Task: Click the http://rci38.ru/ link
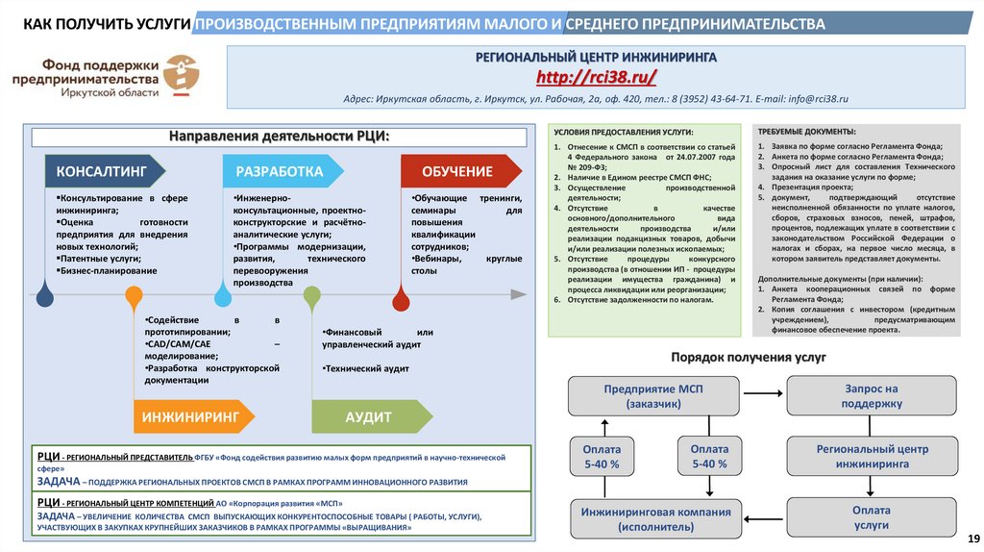(596, 76)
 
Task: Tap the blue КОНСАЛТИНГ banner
(102, 171)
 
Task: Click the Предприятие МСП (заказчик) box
(653, 395)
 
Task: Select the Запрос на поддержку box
(872, 395)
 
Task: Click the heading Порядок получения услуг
(749, 358)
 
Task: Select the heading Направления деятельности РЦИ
(280, 136)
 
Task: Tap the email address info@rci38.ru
(816, 99)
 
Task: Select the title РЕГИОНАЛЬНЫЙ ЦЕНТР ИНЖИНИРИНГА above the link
(596, 58)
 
